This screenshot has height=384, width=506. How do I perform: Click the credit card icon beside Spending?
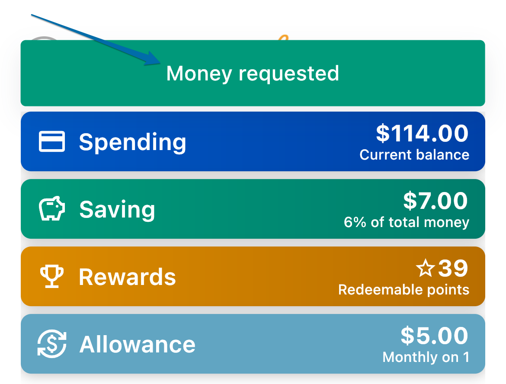pos(51,141)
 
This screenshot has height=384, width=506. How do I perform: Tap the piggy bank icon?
pos(51,208)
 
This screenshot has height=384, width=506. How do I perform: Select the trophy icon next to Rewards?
pos(51,276)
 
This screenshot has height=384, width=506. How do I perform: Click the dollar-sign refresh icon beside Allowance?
pos(51,344)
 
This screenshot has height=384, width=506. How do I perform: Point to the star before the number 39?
pos(425,268)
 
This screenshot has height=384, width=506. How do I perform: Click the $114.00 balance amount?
pos(422,133)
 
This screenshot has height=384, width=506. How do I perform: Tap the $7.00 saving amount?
pos(436,201)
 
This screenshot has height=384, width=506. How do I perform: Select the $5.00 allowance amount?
pos(434,336)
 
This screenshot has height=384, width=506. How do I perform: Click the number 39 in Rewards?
pos(453,268)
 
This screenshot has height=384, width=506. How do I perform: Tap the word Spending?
pos(133,142)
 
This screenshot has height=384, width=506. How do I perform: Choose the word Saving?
pos(117,210)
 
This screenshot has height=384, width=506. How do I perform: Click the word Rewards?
pos(128,277)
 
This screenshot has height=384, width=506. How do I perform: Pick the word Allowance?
pos(138,345)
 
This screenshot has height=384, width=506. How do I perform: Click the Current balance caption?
pos(414,155)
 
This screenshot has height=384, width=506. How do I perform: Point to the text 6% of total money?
pos(406,222)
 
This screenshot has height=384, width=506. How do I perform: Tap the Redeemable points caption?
pos(404,290)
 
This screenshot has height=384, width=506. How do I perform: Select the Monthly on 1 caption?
pos(426,357)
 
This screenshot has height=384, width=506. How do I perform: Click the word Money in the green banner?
pos(199,74)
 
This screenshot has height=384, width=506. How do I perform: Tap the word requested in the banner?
pos(289,74)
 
